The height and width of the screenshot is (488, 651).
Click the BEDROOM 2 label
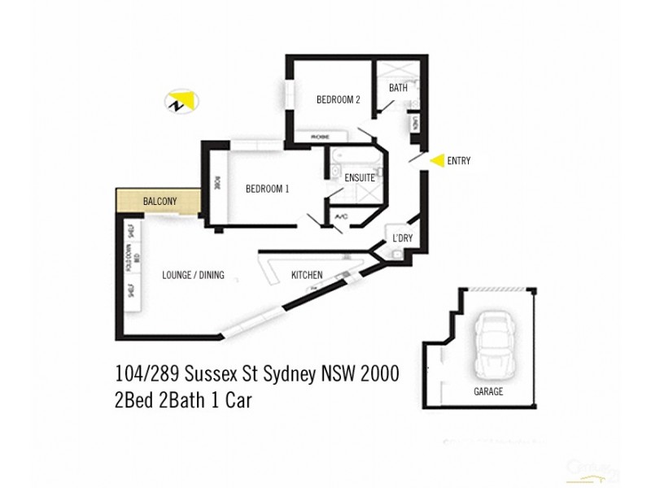tap(338, 100)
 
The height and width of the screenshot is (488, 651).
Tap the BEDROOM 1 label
tap(268, 189)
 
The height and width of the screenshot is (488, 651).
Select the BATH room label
tap(398, 88)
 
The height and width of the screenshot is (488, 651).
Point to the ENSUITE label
tap(359, 177)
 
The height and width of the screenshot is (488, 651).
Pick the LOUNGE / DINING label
tap(193, 275)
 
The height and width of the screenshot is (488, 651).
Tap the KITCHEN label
tap(307, 276)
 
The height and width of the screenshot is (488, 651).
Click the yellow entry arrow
tap(437, 160)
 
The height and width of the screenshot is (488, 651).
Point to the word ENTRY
tap(459, 161)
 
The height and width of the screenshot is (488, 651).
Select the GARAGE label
tap(488, 392)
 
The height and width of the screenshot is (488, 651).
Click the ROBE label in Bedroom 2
tap(318, 137)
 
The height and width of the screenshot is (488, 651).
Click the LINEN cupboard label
tap(415, 124)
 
